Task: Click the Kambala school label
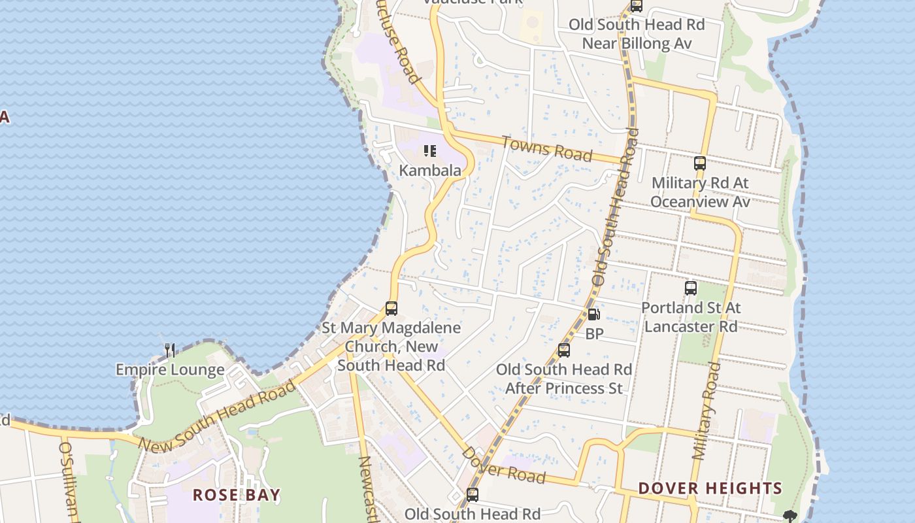click(430, 171)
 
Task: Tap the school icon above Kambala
click(430, 152)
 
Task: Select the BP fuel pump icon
click(593, 314)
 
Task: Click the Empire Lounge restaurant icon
click(170, 350)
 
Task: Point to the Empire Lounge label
click(170, 370)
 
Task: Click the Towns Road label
click(547, 148)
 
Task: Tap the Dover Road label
click(503, 465)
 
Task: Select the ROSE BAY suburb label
click(237, 495)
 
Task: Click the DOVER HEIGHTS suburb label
click(710, 488)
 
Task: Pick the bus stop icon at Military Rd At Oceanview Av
click(700, 163)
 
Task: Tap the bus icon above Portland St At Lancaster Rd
click(691, 288)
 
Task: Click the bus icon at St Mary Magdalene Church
click(391, 309)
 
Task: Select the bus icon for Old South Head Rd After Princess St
click(564, 350)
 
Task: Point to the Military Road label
click(706, 412)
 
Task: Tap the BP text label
click(594, 334)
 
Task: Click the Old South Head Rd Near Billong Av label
click(636, 34)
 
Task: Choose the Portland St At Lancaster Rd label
click(691, 316)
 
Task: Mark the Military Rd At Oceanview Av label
click(700, 192)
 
